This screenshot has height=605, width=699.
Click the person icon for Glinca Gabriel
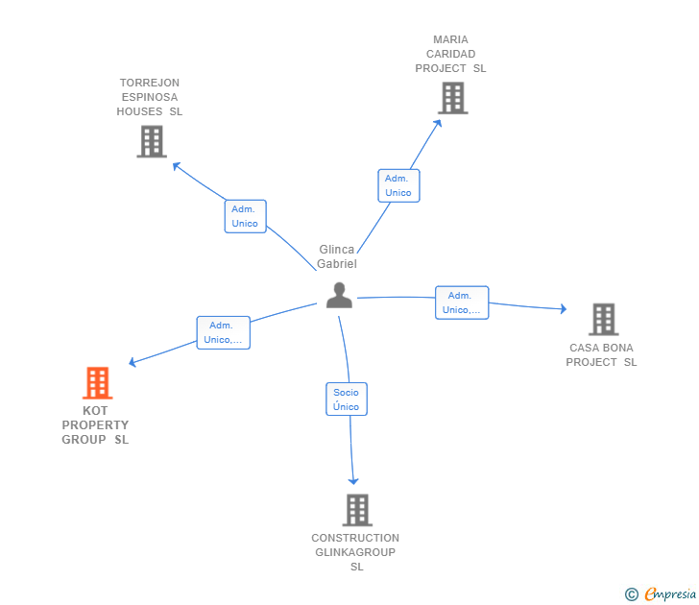coord(339,296)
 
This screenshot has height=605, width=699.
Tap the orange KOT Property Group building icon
coord(97,383)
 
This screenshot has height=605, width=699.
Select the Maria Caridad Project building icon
coord(452,98)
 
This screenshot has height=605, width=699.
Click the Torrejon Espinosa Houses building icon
coord(151,141)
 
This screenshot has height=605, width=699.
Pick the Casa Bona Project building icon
coord(603,319)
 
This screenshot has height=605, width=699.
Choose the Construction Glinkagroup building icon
coord(357,510)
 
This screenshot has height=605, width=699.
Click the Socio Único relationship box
coord(346,399)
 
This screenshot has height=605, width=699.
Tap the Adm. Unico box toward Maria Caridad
coord(398,185)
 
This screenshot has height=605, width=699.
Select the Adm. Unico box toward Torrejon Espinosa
coord(245,216)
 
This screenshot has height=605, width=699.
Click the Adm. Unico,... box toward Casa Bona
coord(462,302)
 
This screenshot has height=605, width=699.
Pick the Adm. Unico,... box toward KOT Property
coord(224,332)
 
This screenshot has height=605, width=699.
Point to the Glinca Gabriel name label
coord(337,256)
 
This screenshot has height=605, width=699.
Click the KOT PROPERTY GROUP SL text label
coord(95,425)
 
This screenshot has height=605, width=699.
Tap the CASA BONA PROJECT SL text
coord(601,355)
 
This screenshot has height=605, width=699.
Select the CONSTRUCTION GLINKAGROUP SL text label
coord(355,552)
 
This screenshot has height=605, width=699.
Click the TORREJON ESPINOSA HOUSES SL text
coord(149,97)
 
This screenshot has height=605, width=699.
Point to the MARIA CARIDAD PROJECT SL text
coord(450,54)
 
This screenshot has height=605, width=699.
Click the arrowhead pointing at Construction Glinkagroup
coord(353,480)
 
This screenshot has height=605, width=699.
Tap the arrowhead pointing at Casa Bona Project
coord(563,308)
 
